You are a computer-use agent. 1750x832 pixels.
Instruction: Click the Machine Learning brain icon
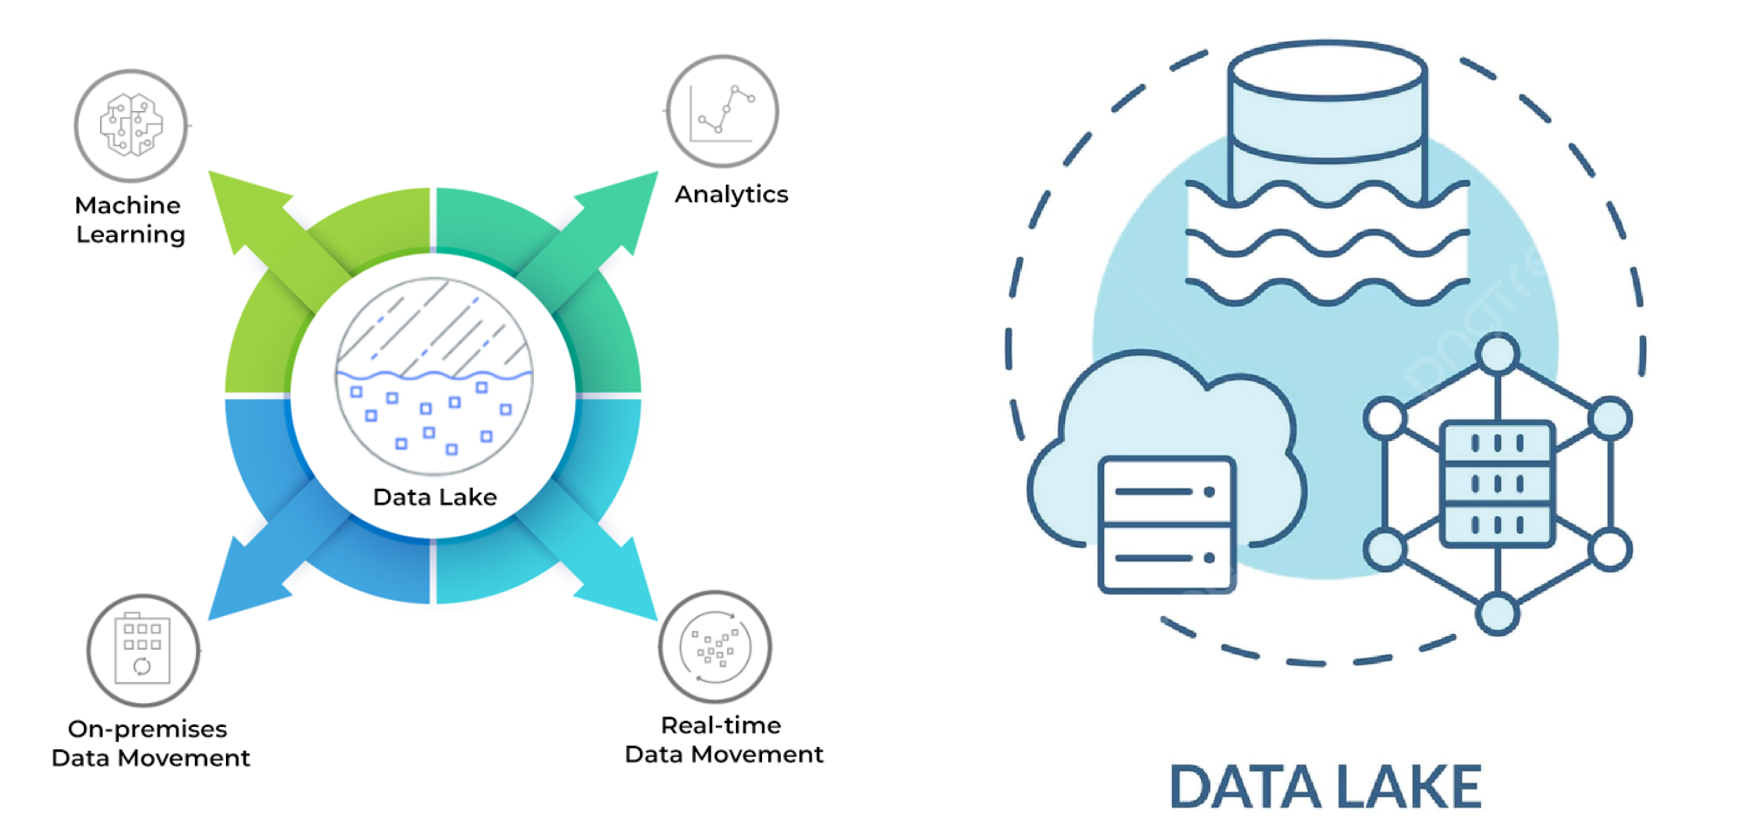point(131,126)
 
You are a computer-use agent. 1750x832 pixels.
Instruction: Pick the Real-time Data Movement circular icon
point(715,647)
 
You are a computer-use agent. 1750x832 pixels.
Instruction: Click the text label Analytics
point(731,194)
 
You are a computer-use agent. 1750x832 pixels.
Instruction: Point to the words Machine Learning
point(129,219)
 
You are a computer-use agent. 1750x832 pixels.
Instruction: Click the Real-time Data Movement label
point(724,740)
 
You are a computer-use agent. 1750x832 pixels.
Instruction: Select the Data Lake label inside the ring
point(435,497)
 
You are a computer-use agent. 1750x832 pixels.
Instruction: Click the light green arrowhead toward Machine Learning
point(241,204)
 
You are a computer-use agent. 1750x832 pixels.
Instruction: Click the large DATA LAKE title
point(1326,786)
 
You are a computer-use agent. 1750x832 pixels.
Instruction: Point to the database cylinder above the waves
point(1327,122)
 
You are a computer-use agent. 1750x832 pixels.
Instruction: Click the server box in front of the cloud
point(1166,524)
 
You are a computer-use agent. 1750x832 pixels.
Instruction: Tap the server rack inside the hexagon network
point(1497,483)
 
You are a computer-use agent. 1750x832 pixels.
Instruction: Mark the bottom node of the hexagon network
point(1497,613)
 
